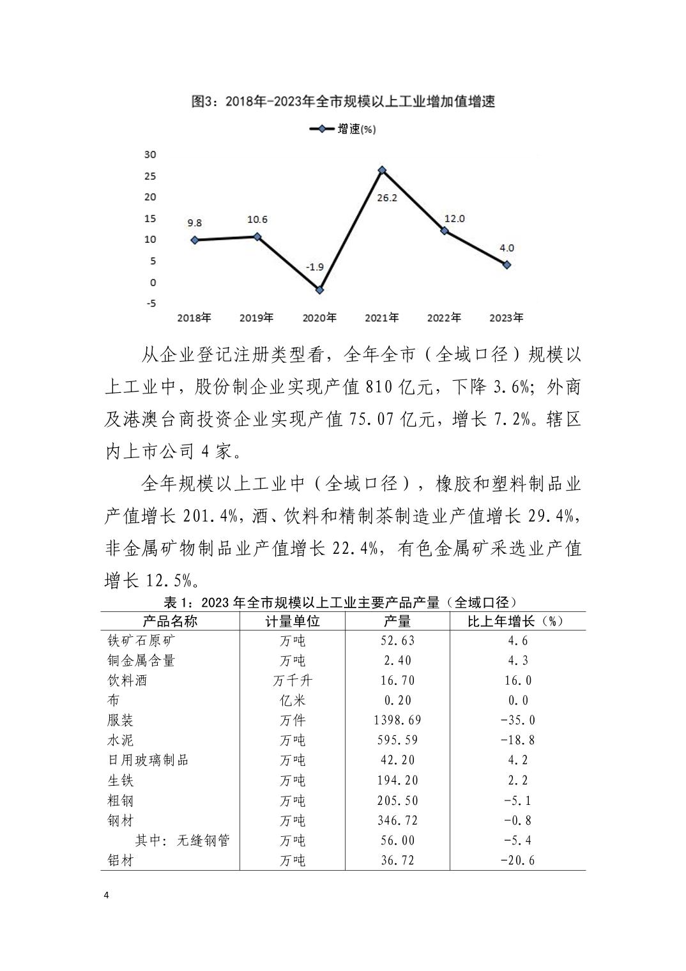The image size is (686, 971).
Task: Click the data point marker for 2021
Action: [382, 170]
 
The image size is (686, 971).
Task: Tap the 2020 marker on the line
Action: [320, 290]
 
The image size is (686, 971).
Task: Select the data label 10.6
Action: [257, 220]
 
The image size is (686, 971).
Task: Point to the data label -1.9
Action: [314, 266]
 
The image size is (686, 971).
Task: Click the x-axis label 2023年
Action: [506, 317]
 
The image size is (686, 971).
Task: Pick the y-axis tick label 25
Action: [150, 176]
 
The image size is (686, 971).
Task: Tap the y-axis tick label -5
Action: [151, 303]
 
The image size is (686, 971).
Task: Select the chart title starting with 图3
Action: [344, 101]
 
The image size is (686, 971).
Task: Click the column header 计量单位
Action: [293, 622]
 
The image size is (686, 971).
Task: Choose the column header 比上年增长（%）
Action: [517, 622]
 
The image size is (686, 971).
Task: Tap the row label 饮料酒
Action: [127, 680]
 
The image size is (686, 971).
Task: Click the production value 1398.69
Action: [397, 721]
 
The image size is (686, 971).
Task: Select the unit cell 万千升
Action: [293, 680]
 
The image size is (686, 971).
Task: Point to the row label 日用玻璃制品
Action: [148, 760]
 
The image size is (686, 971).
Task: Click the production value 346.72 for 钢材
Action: [397, 820]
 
